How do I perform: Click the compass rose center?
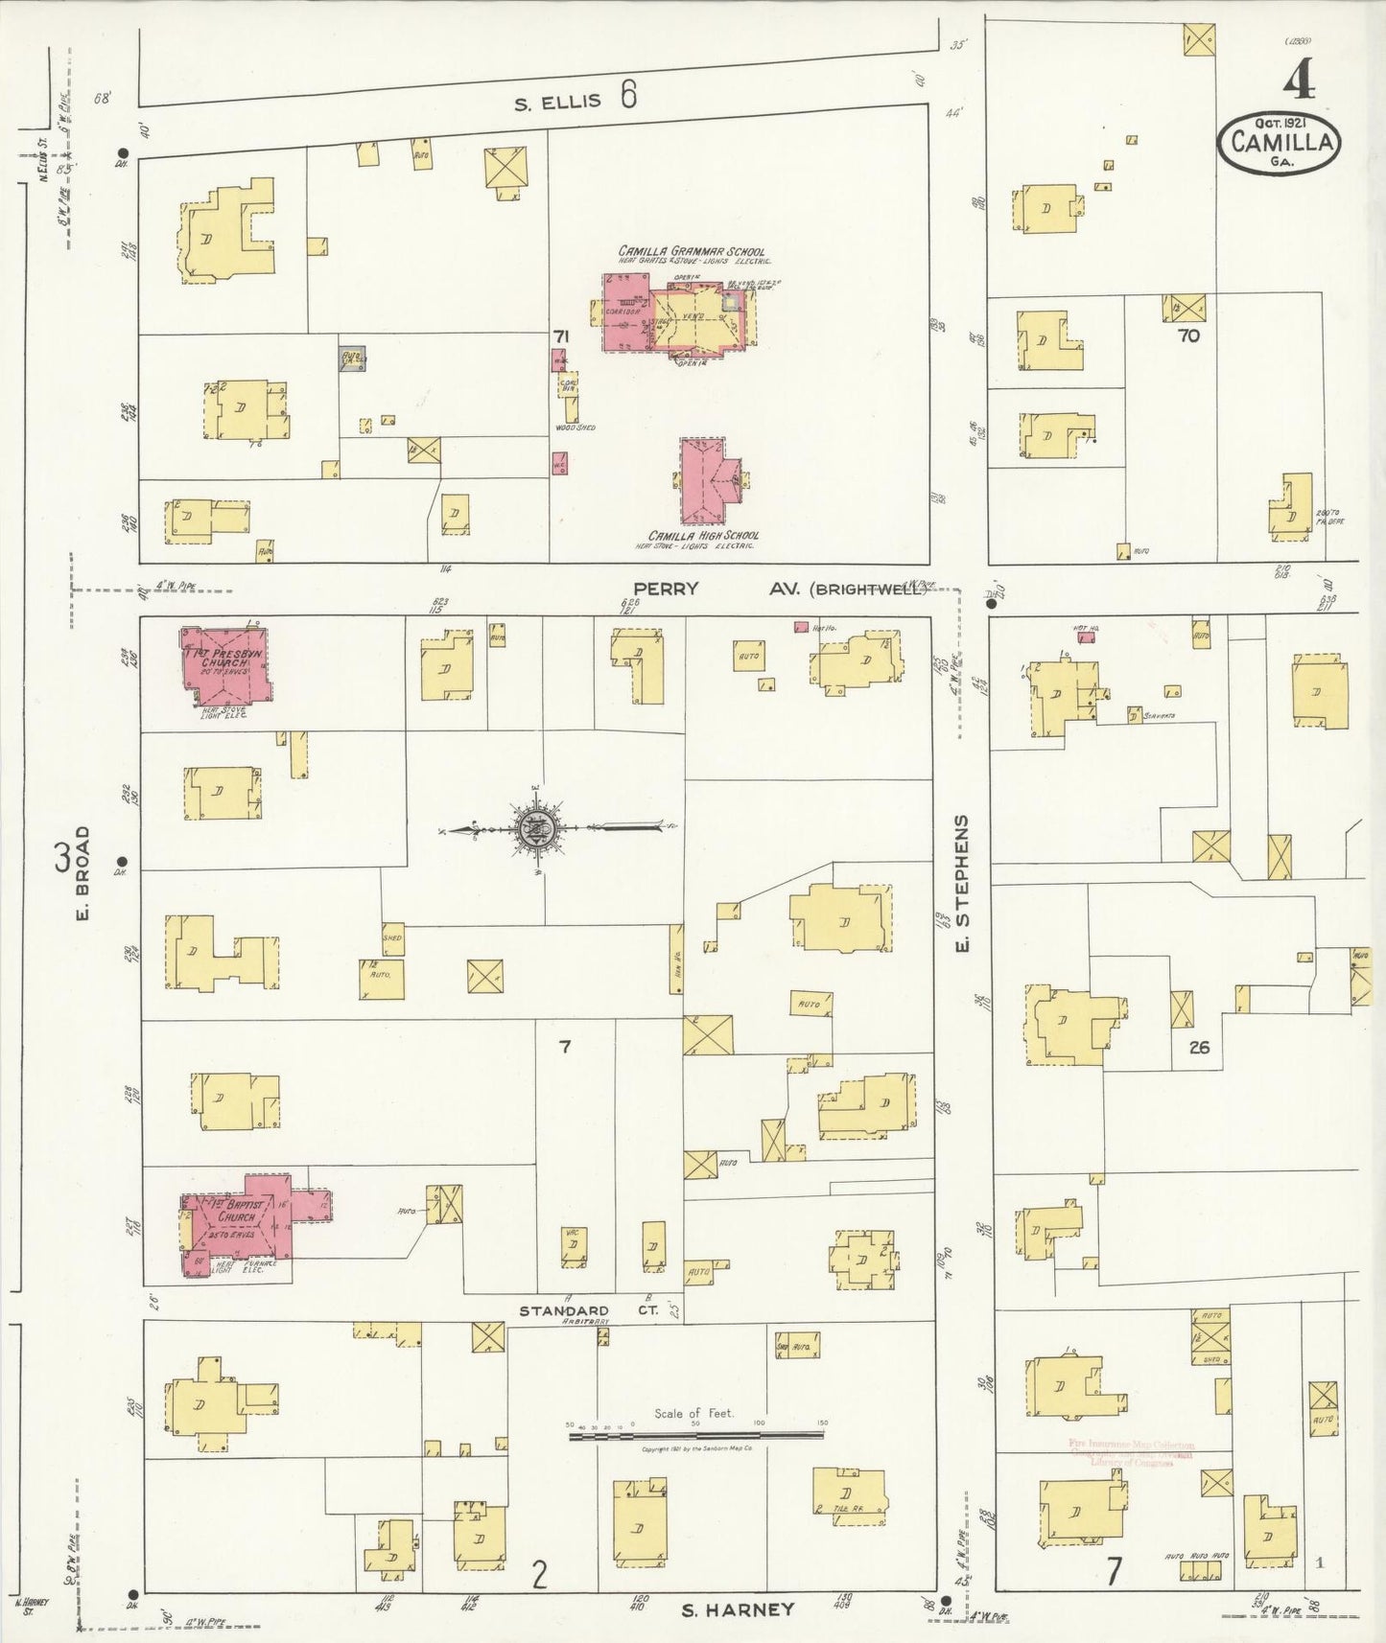pos(534,829)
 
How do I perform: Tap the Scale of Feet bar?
pos(695,1437)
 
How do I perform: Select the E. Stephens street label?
pos(963,884)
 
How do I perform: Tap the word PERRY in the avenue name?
pos(666,589)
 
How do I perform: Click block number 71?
pos(560,336)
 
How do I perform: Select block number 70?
pos(1188,336)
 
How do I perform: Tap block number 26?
pos(1199,1047)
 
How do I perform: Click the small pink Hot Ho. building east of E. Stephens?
pos(1085,636)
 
